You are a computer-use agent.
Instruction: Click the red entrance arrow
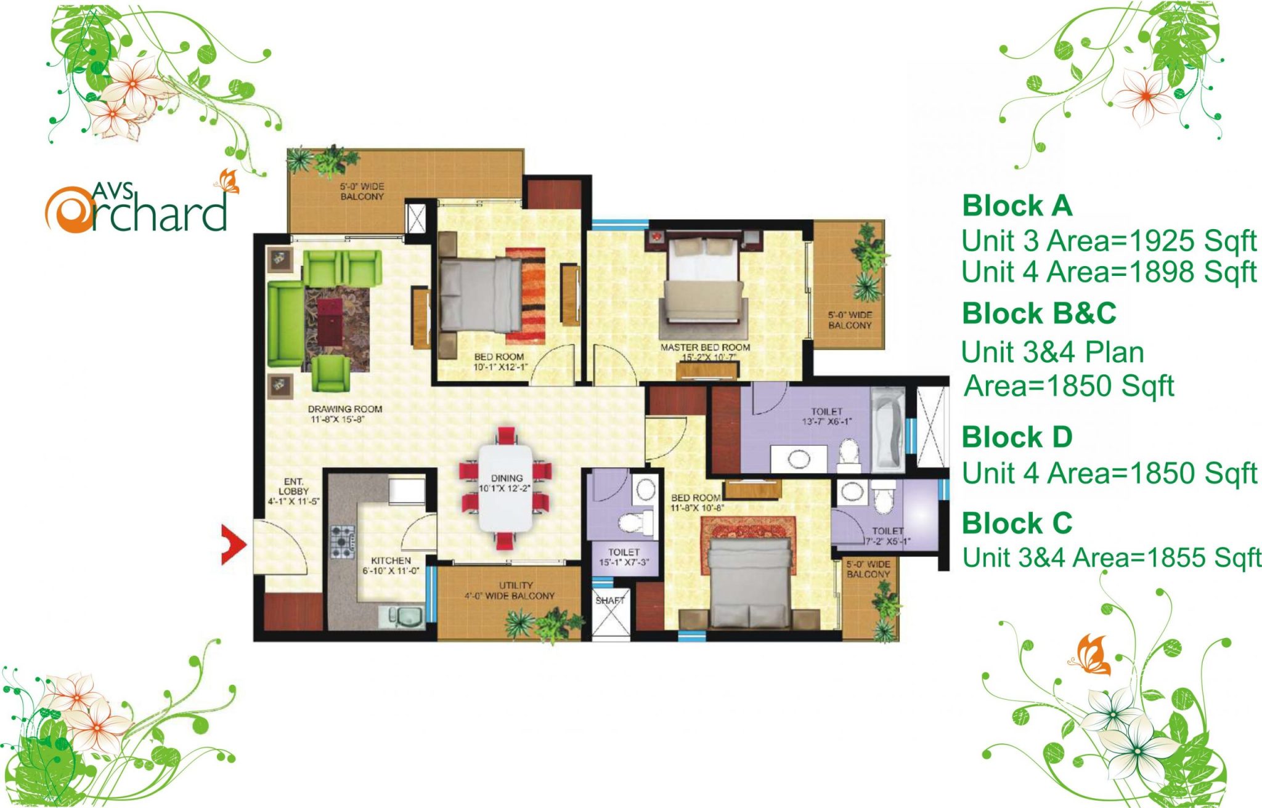(x=234, y=544)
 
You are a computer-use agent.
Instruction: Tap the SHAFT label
(x=610, y=600)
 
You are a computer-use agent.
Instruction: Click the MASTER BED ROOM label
(x=706, y=347)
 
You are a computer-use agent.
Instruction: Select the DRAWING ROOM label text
(x=345, y=409)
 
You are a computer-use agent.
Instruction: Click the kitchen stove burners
(x=343, y=541)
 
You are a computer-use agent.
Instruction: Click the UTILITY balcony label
(x=516, y=585)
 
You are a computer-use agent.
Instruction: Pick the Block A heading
(x=1017, y=206)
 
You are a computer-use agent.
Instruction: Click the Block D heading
(x=1017, y=437)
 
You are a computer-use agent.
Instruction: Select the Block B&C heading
(x=1040, y=313)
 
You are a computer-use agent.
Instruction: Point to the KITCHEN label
(x=391, y=560)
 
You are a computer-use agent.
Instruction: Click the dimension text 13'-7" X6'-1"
(x=827, y=422)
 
